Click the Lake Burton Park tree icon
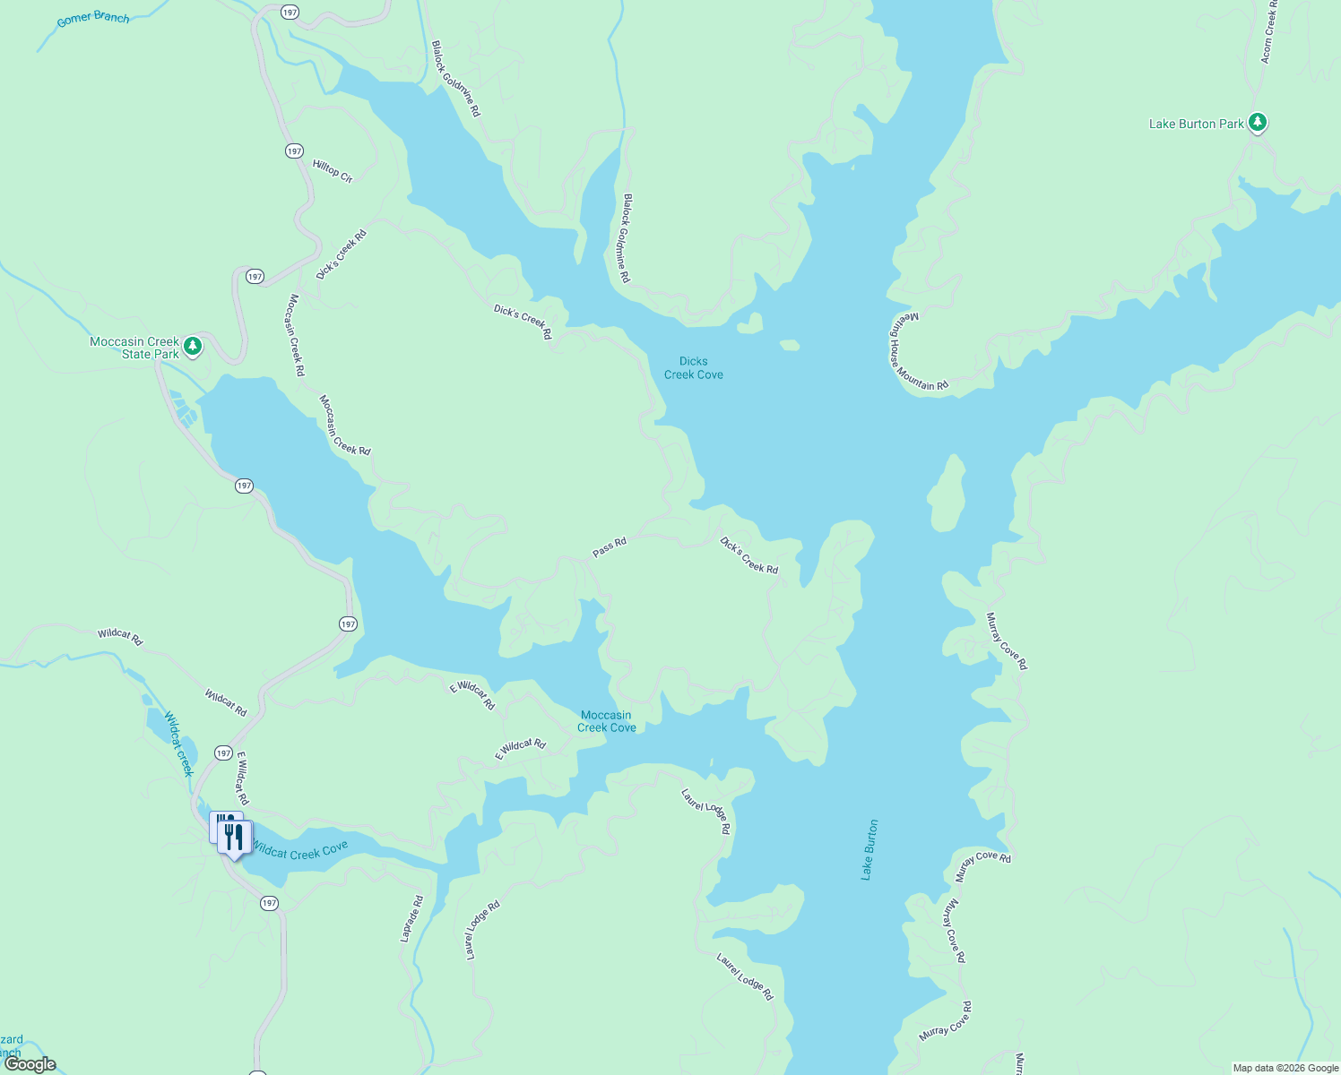click(1257, 123)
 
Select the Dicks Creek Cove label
click(693, 368)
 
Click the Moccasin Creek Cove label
click(606, 721)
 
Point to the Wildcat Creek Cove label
click(299, 849)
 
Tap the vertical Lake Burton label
click(869, 849)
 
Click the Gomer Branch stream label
click(92, 18)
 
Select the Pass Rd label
click(610, 547)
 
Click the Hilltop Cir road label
click(333, 170)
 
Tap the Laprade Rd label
click(411, 919)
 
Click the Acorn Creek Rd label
click(1268, 31)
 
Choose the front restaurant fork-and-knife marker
click(235, 838)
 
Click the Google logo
click(30, 1064)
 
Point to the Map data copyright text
click(1285, 1068)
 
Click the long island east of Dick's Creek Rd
click(947, 494)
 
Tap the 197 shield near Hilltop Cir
click(294, 151)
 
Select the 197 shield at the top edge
click(289, 13)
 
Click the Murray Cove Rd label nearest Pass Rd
click(1006, 641)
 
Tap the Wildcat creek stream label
click(178, 744)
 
